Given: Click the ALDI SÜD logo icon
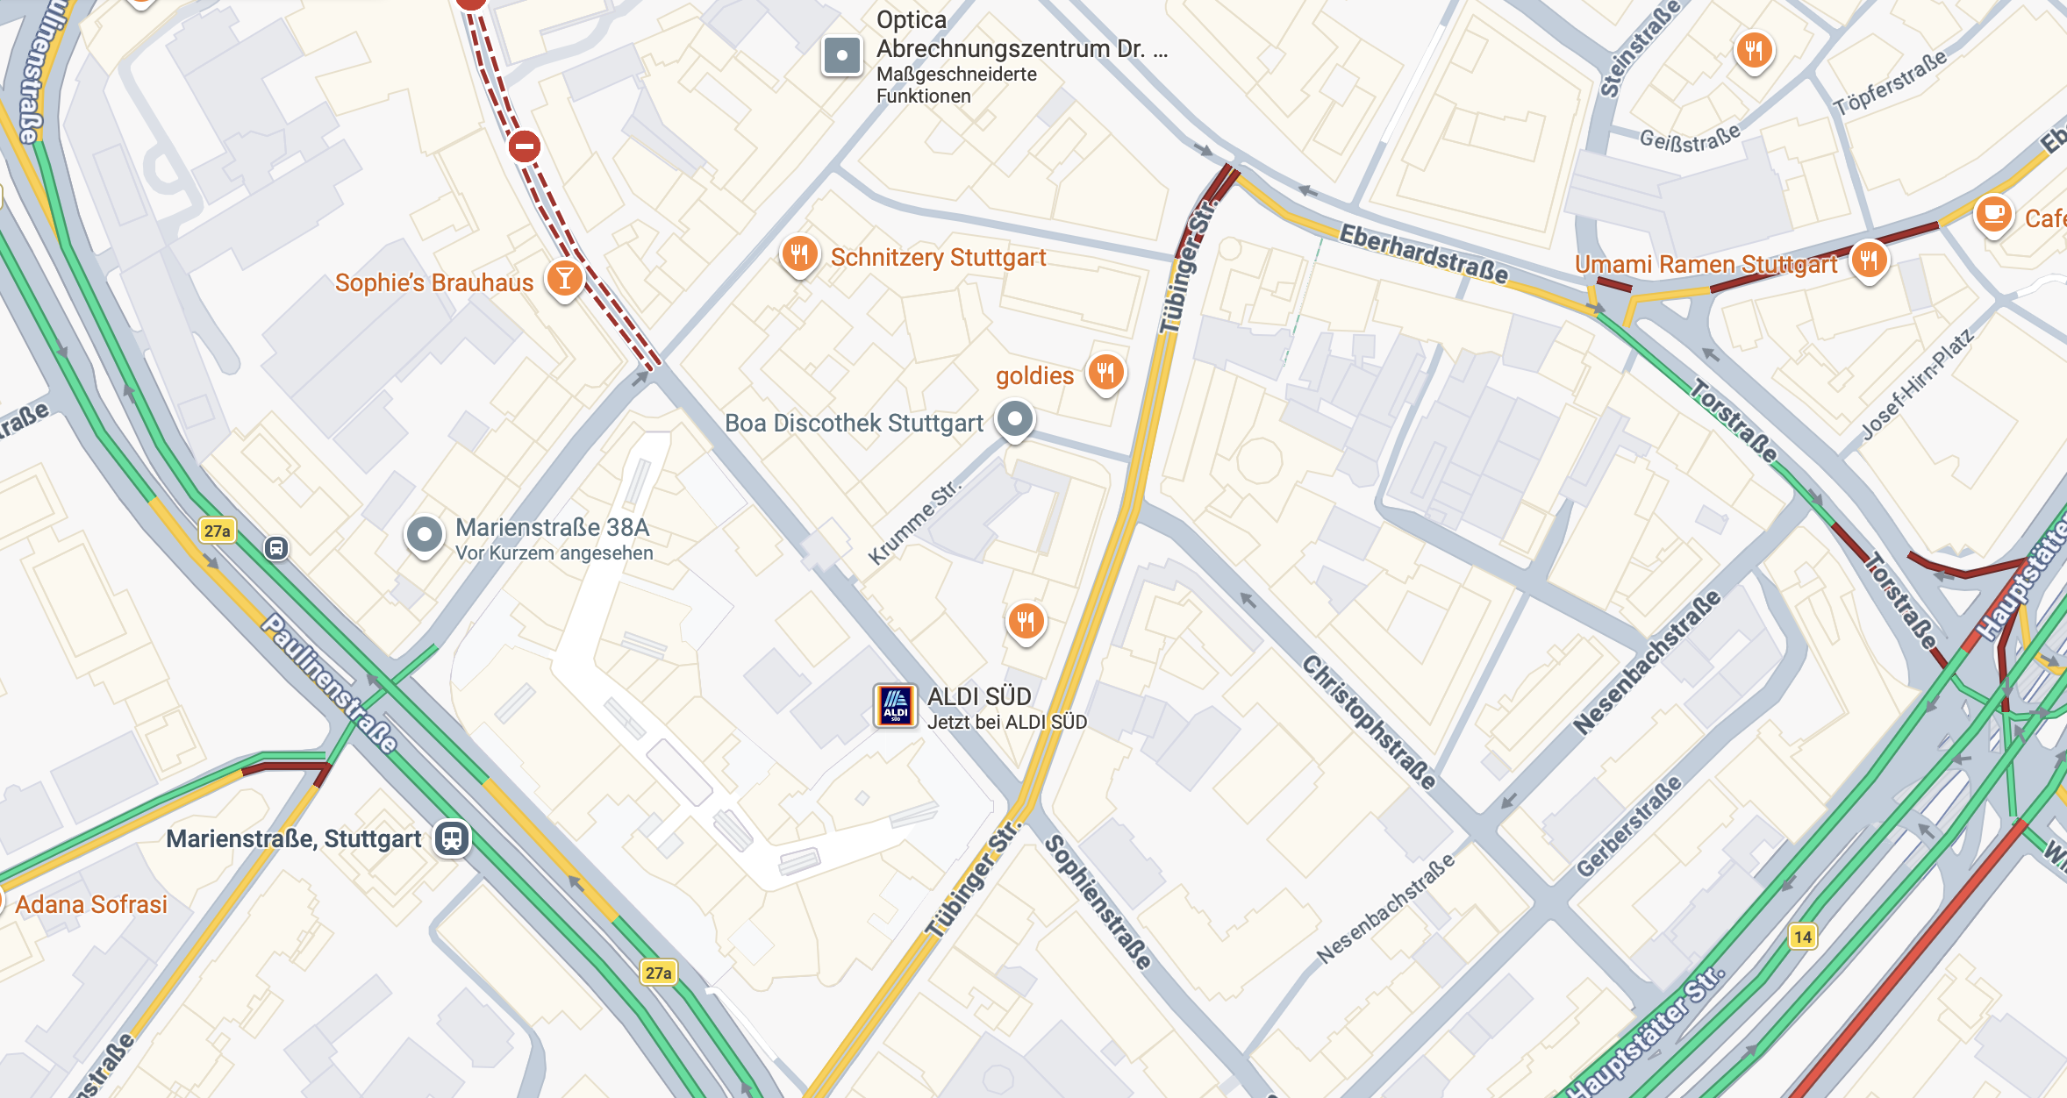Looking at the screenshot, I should (x=896, y=706).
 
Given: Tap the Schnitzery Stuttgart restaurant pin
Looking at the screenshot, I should (x=799, y=256).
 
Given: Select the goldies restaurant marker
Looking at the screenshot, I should (x=1105, y=373).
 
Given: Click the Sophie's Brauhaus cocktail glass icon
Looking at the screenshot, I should (x=565, y=279).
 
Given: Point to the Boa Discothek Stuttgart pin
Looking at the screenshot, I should (x=1015, y=419).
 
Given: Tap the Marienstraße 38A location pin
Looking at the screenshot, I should (x=425, y=534).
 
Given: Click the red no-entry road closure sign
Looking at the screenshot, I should (x=525, y=146).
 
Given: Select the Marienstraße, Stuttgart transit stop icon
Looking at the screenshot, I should (x=452, y=838).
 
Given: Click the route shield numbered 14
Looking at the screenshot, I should (x=1802, y=937).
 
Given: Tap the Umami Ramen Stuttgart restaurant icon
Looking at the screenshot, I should (x=1869, y=260).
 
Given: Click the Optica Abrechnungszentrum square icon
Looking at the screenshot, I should (x=841, y=56).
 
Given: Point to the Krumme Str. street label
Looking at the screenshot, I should (x=914, y=524).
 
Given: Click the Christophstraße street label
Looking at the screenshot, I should (x=1369, y=722).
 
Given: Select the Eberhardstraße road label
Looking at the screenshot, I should (x=1423, y=253).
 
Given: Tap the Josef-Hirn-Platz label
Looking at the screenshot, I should (x=1917, y=384).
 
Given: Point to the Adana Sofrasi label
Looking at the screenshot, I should (x=91, y=904).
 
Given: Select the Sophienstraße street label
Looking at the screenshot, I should (x=1098, y=902).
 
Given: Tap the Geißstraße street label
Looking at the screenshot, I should (x=1690, y=139).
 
